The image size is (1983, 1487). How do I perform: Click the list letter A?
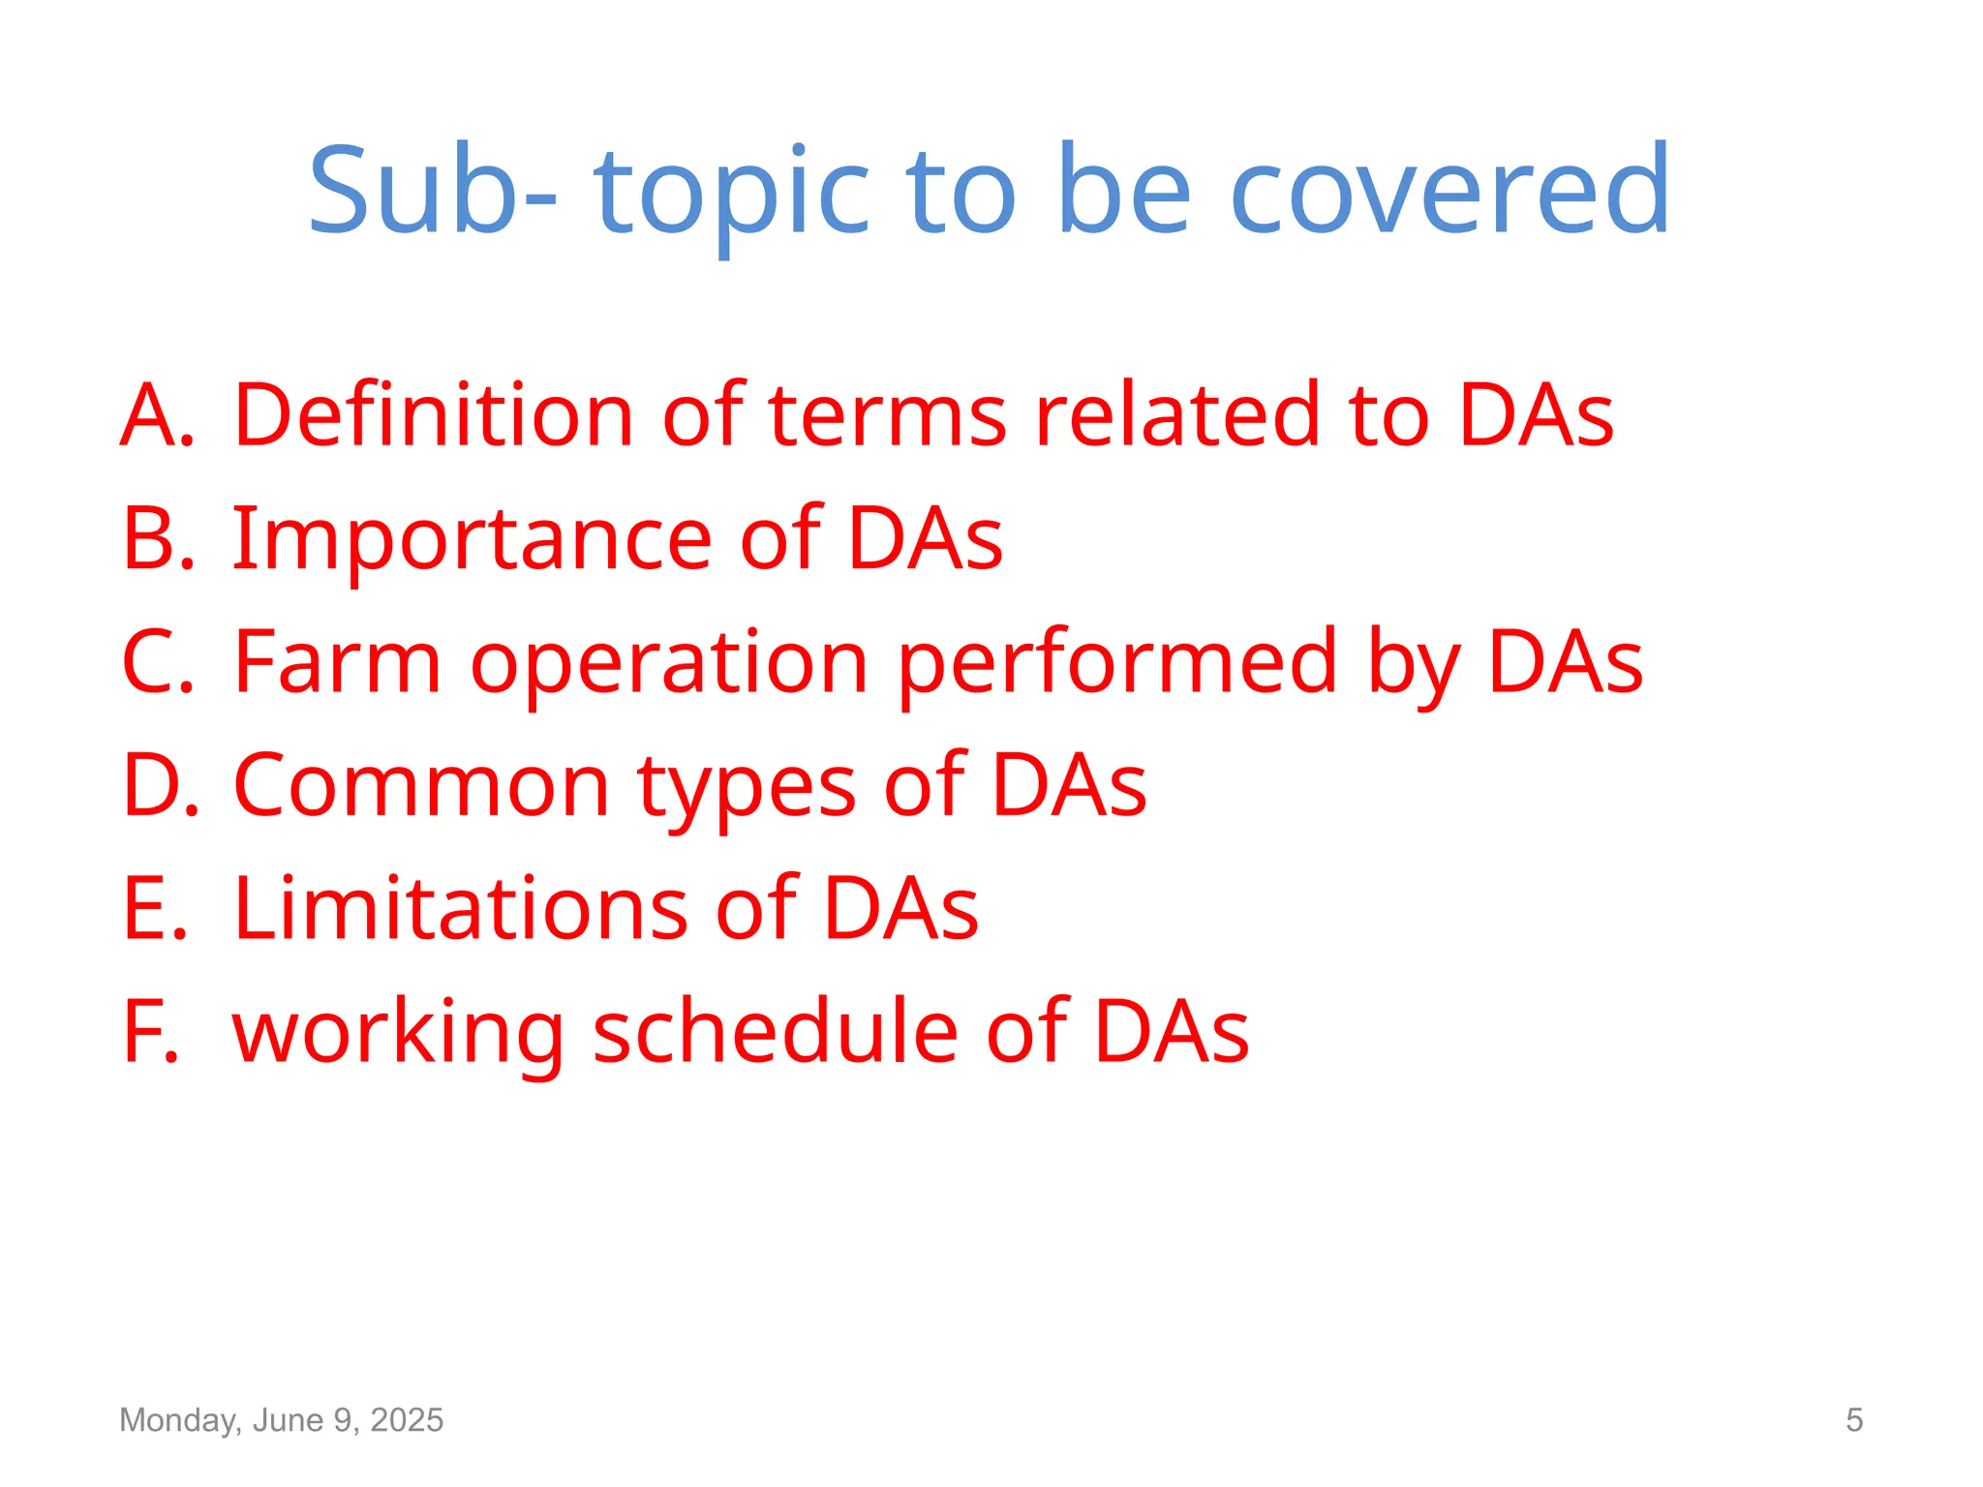click(x=155, y=415)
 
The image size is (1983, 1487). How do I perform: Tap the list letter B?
click(x=155, y=538)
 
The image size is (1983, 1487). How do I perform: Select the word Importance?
click(x=472, y=540)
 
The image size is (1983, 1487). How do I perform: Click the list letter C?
click(x=155, y=662)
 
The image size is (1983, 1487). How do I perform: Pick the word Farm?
click(x=337, y=662)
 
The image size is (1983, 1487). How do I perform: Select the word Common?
click(x=421, y=785)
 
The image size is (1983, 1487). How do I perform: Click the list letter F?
click(x=150, y=1032)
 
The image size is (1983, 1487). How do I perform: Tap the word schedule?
click(x=775, y=1032)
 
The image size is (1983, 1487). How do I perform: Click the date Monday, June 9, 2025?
click(x=281, y=1420)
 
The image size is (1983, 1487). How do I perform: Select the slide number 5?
click(x=1853, y=1420)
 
